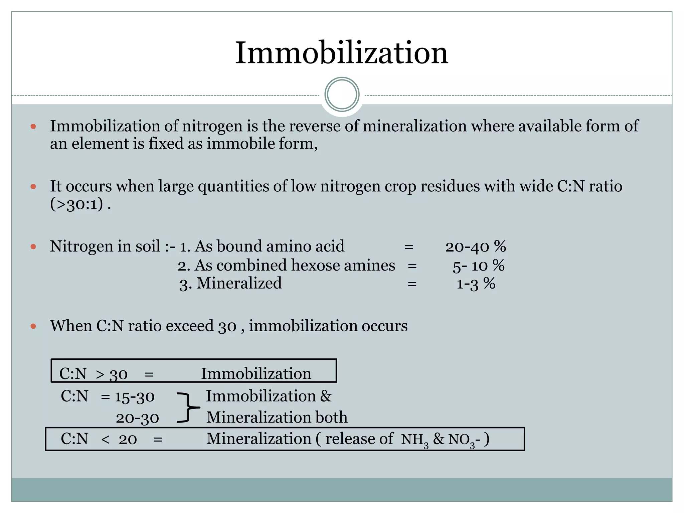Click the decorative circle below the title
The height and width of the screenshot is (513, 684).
tap(342, 95)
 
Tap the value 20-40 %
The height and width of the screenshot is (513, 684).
tap(475, 247)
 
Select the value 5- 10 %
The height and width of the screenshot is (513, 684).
tap(478, 266)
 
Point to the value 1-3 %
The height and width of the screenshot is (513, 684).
tap(476, 284)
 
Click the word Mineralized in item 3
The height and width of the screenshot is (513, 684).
tap(239, 283)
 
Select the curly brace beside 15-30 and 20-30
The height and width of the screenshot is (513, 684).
tap(188, 408)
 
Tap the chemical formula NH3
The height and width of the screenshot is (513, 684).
tap(414, 440)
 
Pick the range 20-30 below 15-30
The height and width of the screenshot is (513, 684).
tap(137, 418)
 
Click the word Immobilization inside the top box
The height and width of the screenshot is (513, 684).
tap(256, 373)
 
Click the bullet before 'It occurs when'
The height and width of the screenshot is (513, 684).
tap(33, 186)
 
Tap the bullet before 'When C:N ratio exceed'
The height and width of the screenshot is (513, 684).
tap(33, 326)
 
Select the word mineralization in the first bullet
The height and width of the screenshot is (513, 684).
tap(414, 126)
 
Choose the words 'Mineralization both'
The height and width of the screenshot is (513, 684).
tap(277, 417)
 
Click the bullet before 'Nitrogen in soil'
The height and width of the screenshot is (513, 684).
tap(33, 247)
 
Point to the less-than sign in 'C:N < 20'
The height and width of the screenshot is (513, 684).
tap(105, 440)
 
